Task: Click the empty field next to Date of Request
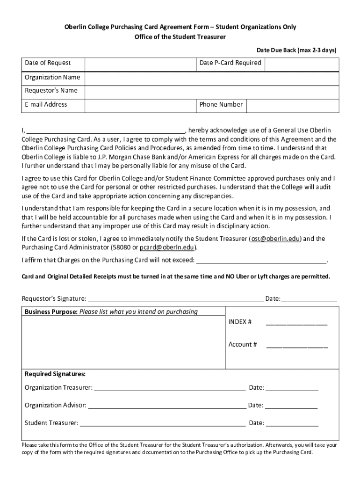coord(140,64)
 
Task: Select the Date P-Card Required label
coord(230,63)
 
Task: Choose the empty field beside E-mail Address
coord(140,105)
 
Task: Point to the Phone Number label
coord(221,105)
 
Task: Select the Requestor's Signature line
coord(175,299)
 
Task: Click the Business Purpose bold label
coord(51,312)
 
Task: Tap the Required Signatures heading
coord(55,374)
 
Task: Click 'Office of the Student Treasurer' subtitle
coord(180,37)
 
